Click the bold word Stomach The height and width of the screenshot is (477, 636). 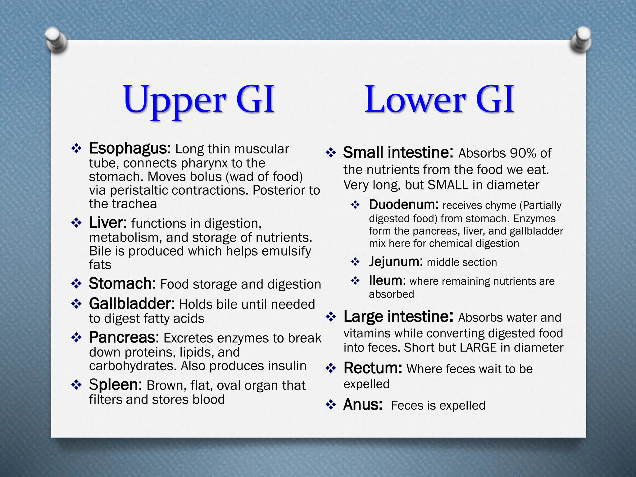[x=122, y=284]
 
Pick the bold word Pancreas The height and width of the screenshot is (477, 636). [x=124, y=338]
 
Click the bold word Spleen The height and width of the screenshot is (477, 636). [x=115, y=385]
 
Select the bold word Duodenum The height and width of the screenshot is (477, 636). [x=403, y=205]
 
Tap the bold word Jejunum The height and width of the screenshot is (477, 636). [x=395, y=262]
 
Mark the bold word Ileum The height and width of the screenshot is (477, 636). [x=387, y=281]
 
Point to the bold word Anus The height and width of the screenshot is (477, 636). [x=362, y=405]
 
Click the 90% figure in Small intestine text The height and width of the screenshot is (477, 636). [x=521, y=153]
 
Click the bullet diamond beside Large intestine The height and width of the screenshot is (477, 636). [x=331, y=317]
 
